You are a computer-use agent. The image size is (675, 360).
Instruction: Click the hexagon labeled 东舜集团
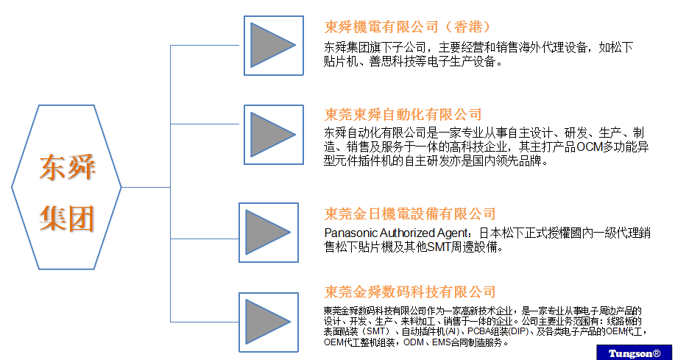68,188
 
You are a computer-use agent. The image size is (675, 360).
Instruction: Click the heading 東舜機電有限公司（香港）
408,27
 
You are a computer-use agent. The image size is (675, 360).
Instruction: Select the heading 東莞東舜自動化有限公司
403,114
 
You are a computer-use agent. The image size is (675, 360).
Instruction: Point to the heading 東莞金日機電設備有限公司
411,213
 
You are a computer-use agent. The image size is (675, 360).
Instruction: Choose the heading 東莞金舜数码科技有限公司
411,292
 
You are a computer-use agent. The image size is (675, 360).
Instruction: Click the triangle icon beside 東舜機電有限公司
272,46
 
